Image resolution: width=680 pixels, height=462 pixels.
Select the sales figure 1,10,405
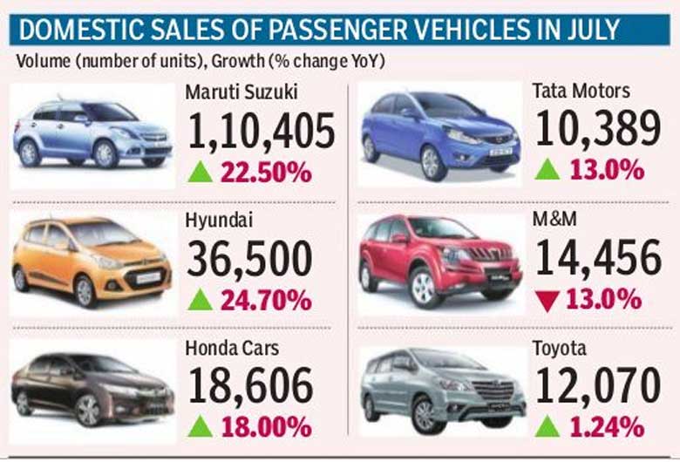(x=262, y=132)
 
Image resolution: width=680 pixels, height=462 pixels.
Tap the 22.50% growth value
(x=264, y=171)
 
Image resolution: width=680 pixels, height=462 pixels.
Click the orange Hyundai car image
(x=92, y=258)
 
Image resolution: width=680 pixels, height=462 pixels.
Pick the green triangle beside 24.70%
(x=201, y=300)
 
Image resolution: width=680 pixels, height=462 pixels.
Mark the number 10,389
(x=598, y=132)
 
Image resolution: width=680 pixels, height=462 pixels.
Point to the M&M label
(x=554, y=221)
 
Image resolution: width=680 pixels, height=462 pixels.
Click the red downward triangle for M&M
(x=547, y=300)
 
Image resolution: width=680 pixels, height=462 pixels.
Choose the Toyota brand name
(x=561, y=349)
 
